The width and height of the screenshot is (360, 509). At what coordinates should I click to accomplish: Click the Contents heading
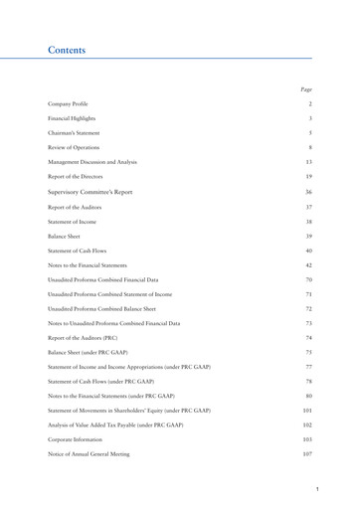click(x=67, y=50)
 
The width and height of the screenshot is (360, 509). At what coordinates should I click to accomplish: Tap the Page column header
click(x=306, y=89)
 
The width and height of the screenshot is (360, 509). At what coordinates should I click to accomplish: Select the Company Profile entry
click(x=68, y=103)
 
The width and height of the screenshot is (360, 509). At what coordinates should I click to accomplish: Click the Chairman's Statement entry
click(x=74, y=132)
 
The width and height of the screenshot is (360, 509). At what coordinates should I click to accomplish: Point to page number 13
click(x=308, y=161)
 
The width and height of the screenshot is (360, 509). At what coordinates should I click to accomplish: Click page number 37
click(x=308, y=207)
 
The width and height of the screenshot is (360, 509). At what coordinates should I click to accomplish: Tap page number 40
click(x=308, y=252)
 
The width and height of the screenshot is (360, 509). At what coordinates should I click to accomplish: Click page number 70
click(x=308, y=281)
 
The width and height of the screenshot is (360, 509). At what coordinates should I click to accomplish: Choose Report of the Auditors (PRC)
click(x=84, y=339)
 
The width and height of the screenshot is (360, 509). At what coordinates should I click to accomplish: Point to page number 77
click(x=308, y=368)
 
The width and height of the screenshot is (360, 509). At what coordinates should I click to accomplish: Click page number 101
click(x=307, y=411)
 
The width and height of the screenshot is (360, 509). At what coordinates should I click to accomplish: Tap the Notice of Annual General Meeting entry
click(x=89, y=454)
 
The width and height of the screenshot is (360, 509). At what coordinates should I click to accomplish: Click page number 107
click(x=307, y=454)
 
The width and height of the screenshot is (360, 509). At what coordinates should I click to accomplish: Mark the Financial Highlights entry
click(x=72, y=118)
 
